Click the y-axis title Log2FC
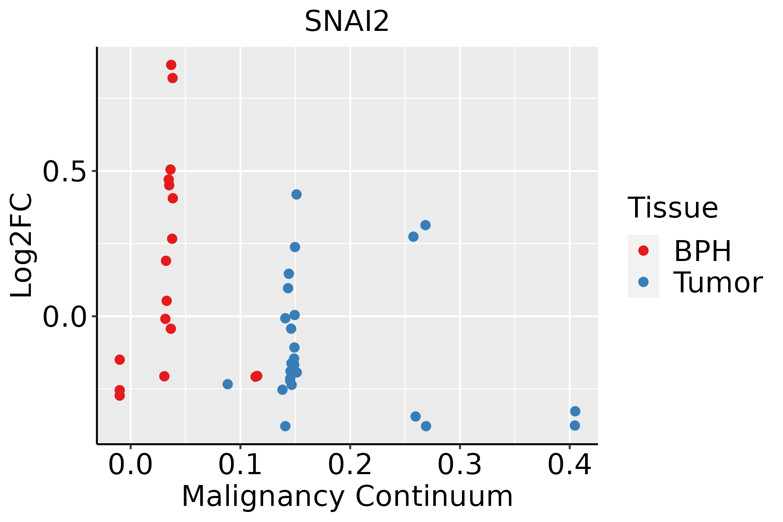[x=22, y=246]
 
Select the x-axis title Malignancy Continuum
[x=347, y=496]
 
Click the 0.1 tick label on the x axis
[x=240, y=465]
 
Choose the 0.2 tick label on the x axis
[x=350, y=465]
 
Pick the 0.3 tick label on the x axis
[x=459, y=465]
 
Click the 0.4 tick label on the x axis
[x=569, y=465]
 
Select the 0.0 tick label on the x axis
[x=130, y=465]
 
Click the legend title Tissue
[x=673, y=208]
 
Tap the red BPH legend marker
[x=643, y=251]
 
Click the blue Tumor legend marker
[x=643, y=282]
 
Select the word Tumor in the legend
[x=718, y=283]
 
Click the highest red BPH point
[x=171, y=65]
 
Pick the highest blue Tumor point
[x=296, y=194]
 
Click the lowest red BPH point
[x=120, y=395]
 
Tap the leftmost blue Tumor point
[x=228, y=384]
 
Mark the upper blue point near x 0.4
[x=575, y=412]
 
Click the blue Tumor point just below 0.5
[x=296, y=194]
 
